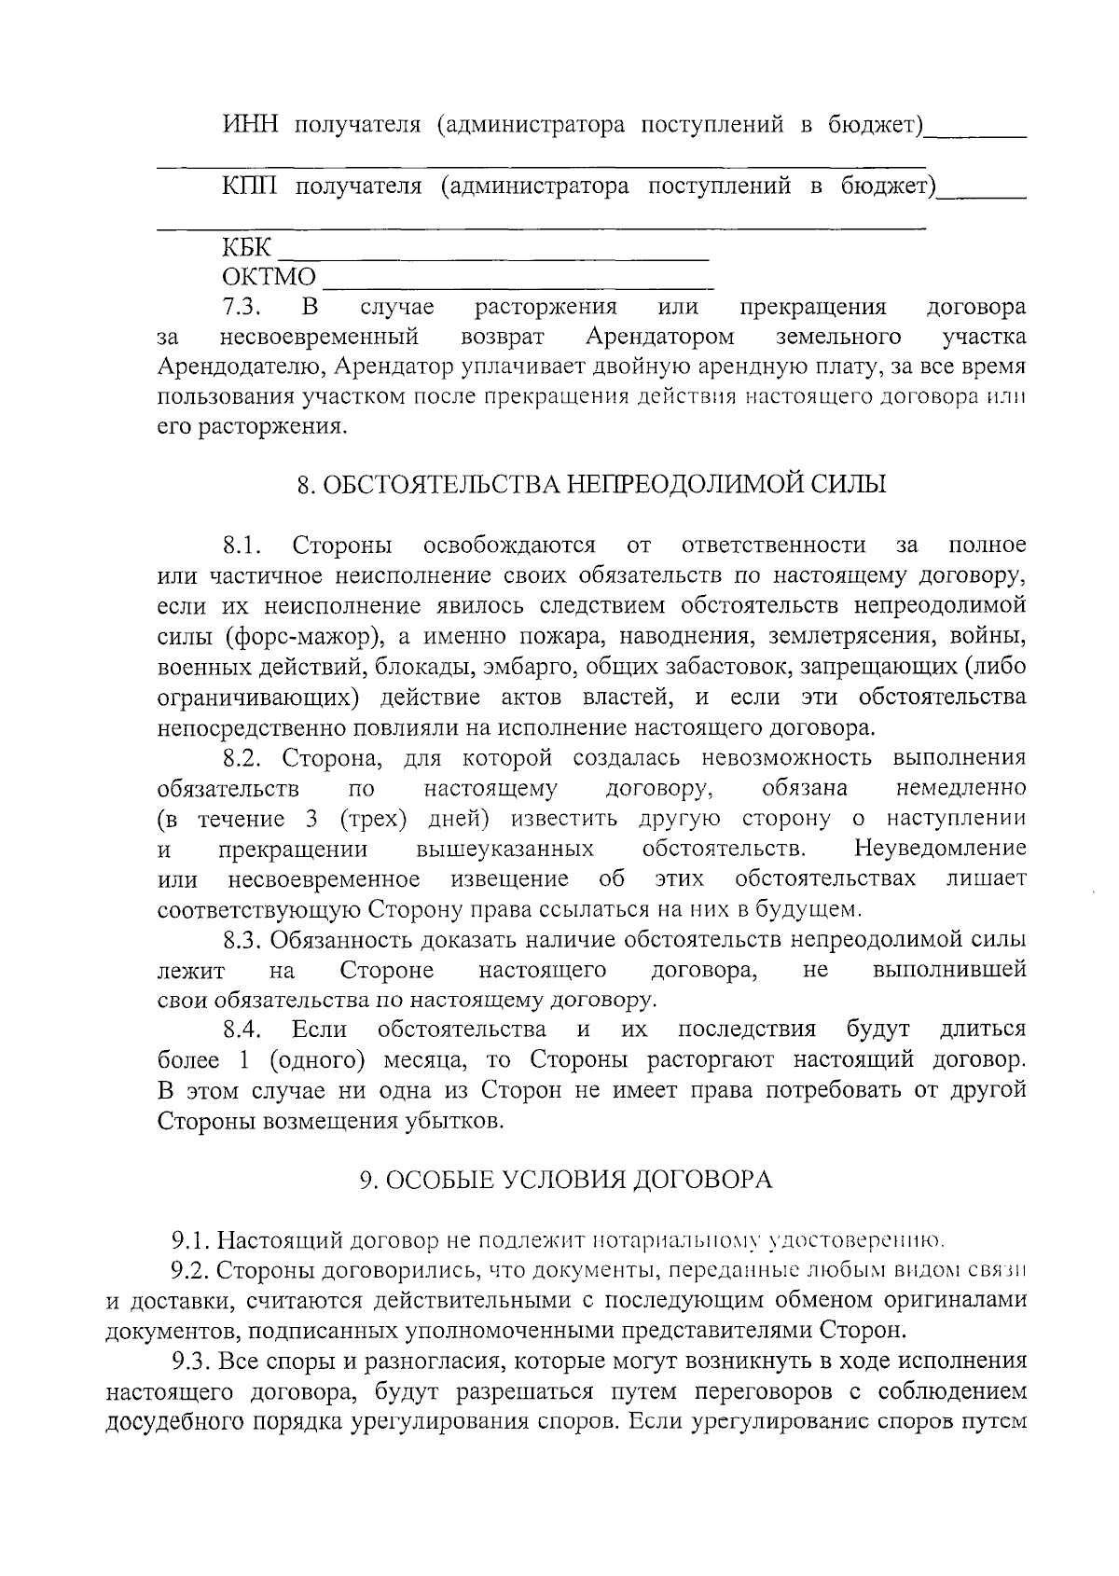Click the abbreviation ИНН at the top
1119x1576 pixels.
(249, 125)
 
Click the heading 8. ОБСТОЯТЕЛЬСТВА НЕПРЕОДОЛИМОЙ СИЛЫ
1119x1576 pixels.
(591, 485)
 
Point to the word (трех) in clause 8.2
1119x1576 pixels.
(373, 819)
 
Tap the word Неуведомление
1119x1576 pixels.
(940, 849)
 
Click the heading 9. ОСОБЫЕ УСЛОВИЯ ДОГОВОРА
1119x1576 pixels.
(567, 1181)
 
